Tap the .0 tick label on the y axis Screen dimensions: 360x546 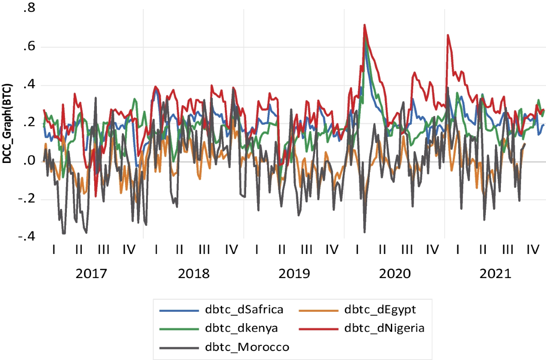coord(29,161)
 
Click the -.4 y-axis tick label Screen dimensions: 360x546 coord(26,237)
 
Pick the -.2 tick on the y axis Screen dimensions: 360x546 coord(26,199)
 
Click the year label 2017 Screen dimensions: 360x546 coord(91,274)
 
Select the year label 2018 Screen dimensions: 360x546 coord(194,274)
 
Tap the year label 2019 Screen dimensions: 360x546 coord(294,274)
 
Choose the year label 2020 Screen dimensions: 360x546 coord(394,274)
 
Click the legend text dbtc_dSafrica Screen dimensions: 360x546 coord(244,310)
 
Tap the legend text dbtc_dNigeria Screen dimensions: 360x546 coord(384,329)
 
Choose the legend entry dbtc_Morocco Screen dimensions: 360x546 coord(247,347)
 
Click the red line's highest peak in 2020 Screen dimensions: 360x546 coord(364,25)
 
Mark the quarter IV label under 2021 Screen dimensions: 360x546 coord(531,249)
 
